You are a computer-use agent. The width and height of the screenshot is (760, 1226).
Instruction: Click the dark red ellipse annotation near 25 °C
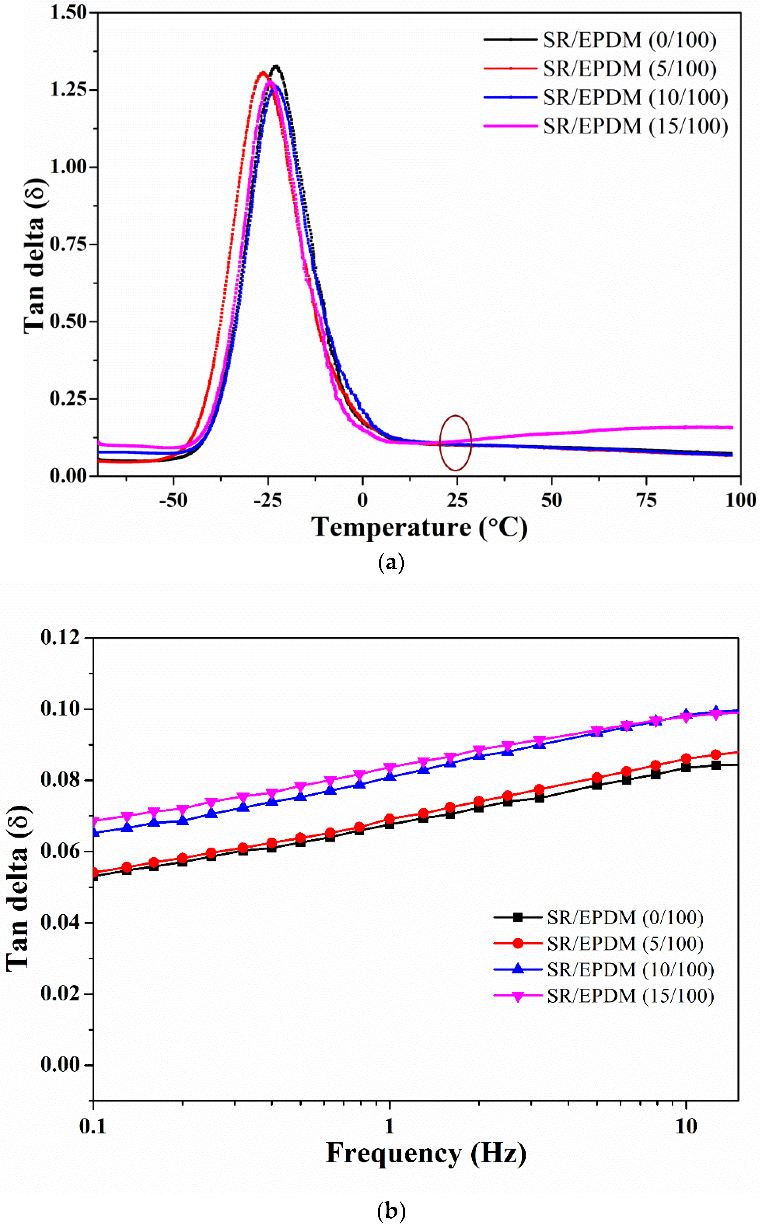pyautogui.click(x=455, y=443)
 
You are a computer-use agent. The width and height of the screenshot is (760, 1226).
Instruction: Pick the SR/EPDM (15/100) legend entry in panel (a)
pyautogui.click(x=606, y=126)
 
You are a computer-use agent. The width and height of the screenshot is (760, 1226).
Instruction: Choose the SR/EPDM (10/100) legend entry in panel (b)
pyautogui.click(x=603, y=970)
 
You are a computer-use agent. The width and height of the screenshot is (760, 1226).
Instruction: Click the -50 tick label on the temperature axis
pyautogui.click(x=173, y=500)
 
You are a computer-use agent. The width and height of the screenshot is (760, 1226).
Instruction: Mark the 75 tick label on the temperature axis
pyautogui.click(x=647, y=500)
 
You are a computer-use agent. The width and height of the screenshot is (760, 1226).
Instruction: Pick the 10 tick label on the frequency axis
pyautogui.click(x=686, y=1126)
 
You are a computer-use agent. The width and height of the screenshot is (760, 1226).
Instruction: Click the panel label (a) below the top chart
pyautogui.click(x=391, y=562)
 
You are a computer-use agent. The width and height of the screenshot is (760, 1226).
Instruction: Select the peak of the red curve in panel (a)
pyautogui.click(x=262, y=72)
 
